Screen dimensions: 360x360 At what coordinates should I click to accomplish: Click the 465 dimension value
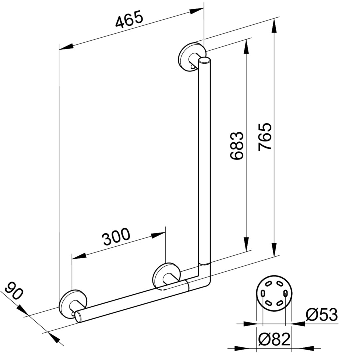pyautogui.click(x=129, y=20)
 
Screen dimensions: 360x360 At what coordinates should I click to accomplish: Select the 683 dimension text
pyautogui.click(x=236, y=145)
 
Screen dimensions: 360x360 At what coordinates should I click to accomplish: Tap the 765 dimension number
pyautogui.click(x=265, y=137)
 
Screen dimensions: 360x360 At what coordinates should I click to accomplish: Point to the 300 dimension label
pyautogui.click(x=116, y=237)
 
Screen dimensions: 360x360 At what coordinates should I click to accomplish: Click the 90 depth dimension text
pyautogui.click(x=14, y=291)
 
